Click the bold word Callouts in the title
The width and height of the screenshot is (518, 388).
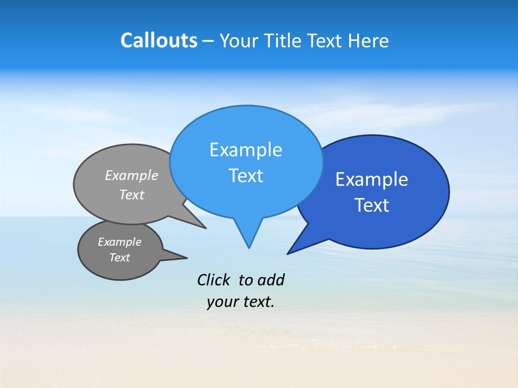point(159,40)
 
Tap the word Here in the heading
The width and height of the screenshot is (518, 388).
point(369,40)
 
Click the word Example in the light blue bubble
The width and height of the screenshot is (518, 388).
point(246,150)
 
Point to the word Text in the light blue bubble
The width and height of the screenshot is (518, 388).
point(246,176)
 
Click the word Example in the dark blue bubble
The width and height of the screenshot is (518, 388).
point(372,179)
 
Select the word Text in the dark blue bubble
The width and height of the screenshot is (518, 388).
point(372,205)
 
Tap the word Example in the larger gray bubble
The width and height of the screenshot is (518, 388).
point(132,176)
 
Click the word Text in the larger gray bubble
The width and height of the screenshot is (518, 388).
point(132,195)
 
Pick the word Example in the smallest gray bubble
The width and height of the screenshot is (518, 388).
point(120,242)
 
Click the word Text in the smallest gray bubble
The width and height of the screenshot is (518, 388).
point(120,258)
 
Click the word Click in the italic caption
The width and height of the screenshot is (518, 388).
point(214,280)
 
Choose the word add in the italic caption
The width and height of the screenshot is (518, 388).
point(270,280)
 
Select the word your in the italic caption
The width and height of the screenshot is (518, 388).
point(222,302)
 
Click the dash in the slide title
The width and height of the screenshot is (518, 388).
point(208,41)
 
